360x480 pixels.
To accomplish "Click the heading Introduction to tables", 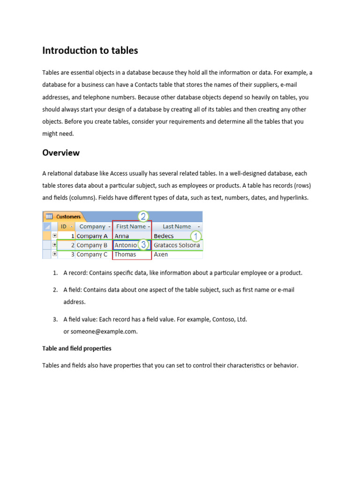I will (x=90, y=51).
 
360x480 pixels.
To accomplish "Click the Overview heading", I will (x=61, y=153).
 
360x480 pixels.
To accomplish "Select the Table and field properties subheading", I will (x=77, y=349).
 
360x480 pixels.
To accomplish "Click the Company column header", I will (x=93, y=226).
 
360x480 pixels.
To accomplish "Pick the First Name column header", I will (x=131, y=226).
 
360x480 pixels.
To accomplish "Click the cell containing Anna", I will (x=122, y=236).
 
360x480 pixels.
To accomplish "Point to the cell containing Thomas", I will (x=125, y=255).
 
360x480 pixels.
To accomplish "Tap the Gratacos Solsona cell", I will (x=177, y=245).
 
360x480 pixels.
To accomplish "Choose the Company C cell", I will (x=92, y=255).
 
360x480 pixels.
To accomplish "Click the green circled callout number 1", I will (x=195, y=236).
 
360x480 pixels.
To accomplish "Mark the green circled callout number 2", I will (x=143, y=216).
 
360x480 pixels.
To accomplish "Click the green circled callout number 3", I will (x=144, y=245).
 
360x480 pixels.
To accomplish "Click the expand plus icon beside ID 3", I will (x=55, y=254).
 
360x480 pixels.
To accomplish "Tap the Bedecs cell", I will (x=164, y=236).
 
